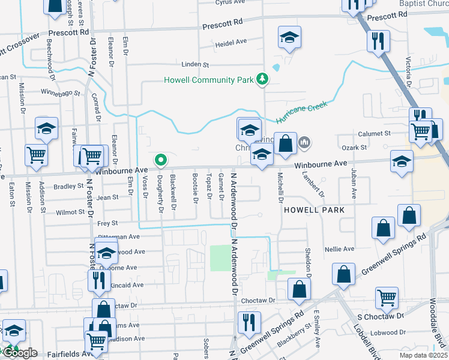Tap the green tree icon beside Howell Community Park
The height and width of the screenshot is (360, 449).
262,79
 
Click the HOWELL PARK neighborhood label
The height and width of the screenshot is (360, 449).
315,210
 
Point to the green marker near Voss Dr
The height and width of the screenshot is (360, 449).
160,160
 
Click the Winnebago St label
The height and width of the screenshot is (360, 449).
60,92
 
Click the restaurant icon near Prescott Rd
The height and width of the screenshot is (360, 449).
378,41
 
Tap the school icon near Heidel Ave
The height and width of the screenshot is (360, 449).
289,38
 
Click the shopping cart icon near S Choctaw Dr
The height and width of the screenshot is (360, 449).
387,297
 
